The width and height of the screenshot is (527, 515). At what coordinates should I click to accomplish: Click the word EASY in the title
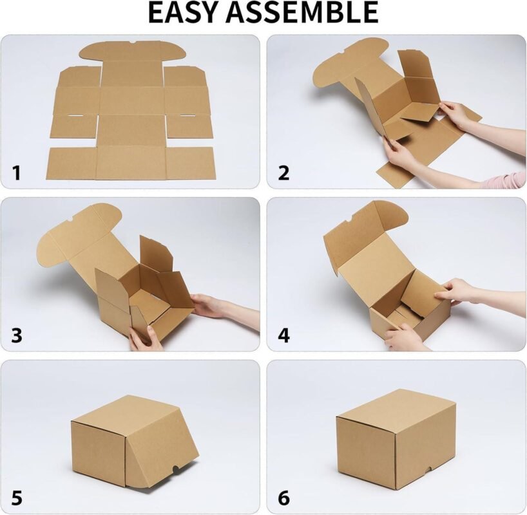tap(182, 13)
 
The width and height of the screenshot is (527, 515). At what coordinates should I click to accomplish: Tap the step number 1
tap(17, 173)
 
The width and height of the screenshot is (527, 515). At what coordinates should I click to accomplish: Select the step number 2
tap(284, 173)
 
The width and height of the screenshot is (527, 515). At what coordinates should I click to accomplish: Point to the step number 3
tap(17, 335)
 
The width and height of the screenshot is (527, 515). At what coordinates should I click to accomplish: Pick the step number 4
tap(284, 335)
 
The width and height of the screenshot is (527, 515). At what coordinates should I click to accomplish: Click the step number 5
tap(17, 498)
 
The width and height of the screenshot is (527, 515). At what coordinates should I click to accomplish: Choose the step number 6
tap(284, 498)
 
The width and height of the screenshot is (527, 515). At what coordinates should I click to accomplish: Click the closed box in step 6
tap(396, 440)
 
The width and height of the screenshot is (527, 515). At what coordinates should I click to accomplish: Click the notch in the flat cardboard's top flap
tap(133, 42)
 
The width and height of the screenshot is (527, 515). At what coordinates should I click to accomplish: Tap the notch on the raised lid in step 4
tap(349, 220)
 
